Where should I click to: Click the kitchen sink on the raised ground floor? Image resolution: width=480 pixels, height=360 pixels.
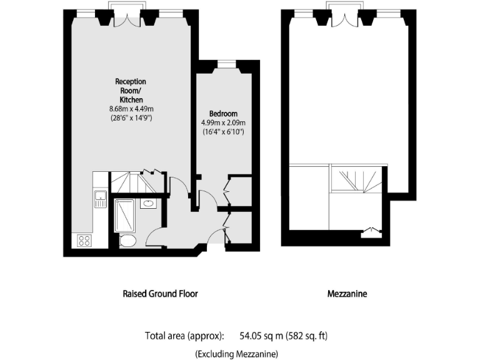[99, 199]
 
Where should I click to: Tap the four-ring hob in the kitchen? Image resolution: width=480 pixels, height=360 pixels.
[83, 240]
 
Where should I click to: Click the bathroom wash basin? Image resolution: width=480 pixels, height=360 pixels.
[149, 203]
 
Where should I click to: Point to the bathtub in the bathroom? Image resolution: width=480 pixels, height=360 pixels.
[124, 215]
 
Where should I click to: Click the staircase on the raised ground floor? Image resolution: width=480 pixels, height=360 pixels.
[132, 183]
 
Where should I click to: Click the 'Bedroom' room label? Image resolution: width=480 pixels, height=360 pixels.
[223, 113]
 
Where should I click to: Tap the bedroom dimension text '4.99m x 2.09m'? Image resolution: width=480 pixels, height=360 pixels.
[223, 122]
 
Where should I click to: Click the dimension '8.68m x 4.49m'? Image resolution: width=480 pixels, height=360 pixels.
[129, 109]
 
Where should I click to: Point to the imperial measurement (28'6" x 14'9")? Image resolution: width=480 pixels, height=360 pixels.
[129, 117]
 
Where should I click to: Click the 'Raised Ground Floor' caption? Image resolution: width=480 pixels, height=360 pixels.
[160, 293]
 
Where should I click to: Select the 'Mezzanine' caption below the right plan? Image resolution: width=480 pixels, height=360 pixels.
[347, 293]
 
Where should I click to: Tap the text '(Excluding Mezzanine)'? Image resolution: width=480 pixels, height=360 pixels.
[236, 354]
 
